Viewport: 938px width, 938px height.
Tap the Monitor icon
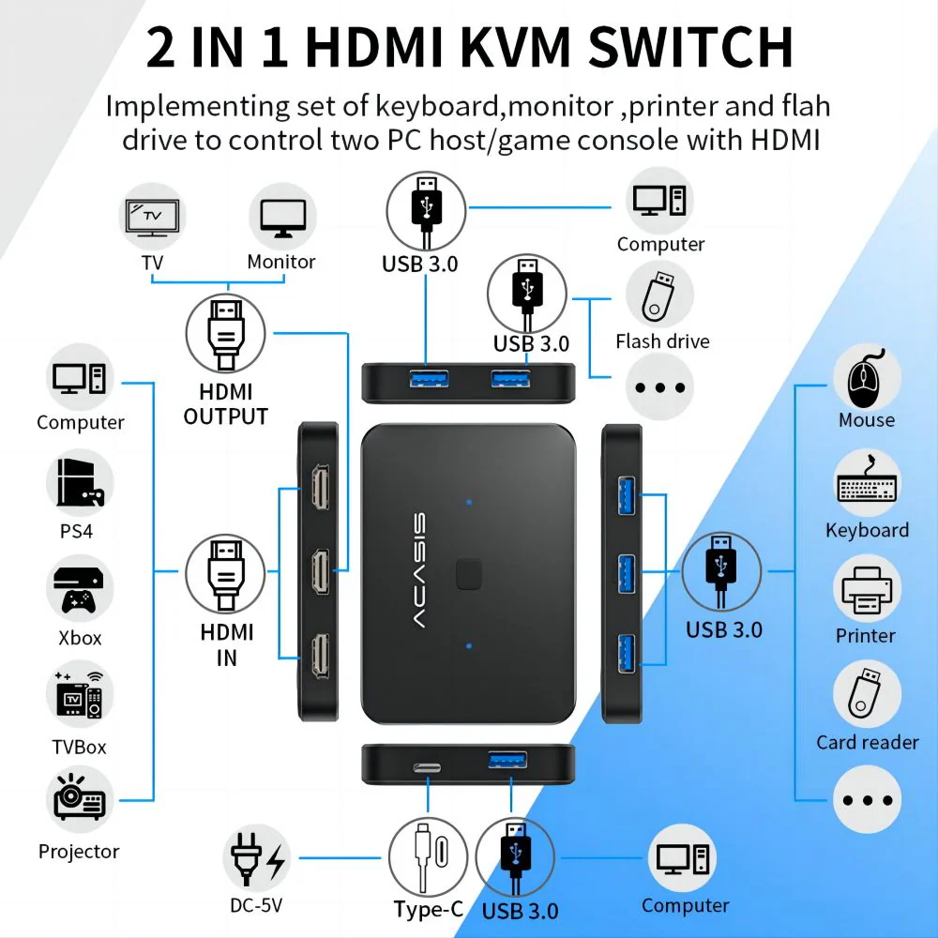(281, 218)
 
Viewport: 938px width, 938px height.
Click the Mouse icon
(867, 375)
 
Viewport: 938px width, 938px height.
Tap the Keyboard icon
(867, 484)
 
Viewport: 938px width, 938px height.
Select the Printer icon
(867, 590)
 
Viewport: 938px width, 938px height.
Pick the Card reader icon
(867, 695)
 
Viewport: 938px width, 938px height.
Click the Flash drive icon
(659, 294)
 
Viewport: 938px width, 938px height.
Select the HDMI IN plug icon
(225, 572)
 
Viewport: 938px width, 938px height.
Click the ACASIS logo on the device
(419, 572)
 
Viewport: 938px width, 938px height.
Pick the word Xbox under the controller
(80, 638)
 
